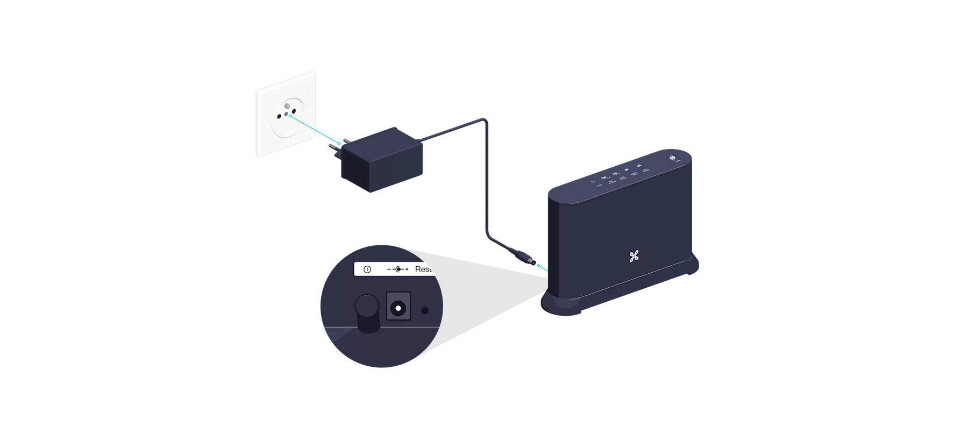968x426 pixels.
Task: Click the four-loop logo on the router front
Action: tap(633, 257)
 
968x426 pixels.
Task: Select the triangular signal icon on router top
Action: tap(639, 167)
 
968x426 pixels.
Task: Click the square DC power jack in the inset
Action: tap(398, 309)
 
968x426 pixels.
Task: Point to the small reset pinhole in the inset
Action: tap(425, 310)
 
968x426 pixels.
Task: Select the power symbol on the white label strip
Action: tap(367, 269)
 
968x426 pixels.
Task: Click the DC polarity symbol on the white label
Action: tap(398, 269)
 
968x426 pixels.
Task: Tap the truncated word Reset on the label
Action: tap(424, 269)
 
